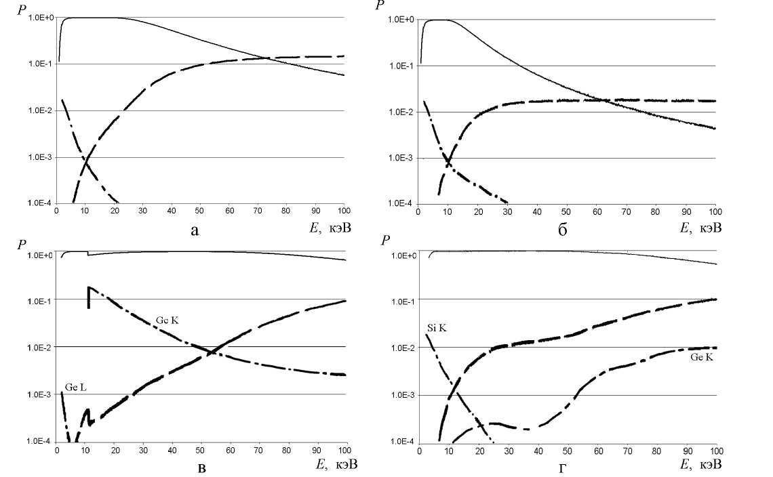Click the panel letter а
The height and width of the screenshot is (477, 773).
(x=195, y=231)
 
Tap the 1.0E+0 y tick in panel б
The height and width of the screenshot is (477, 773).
(x=401, y=19)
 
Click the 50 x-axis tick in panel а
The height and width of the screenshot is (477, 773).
(x=200, y=211)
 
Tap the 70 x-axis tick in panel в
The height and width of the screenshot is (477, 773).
(x=258, y=449)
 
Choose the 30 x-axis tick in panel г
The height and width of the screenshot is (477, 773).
(x=509, y=450)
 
